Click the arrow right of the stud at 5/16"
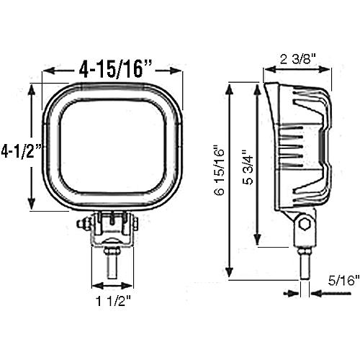point(318,292)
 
